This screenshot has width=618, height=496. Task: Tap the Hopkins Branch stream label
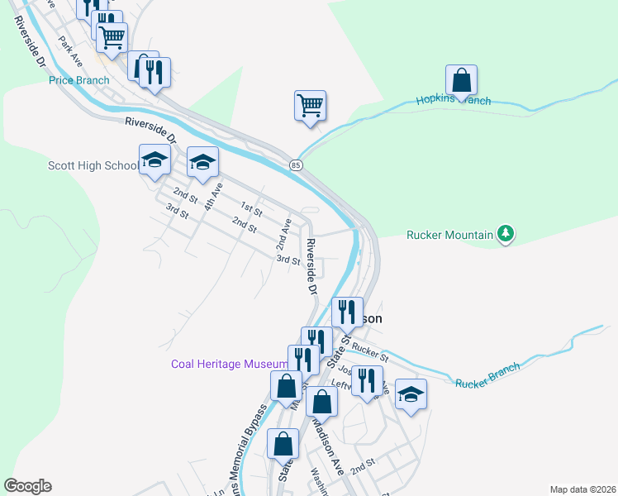453,100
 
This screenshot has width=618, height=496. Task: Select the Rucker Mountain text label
449,235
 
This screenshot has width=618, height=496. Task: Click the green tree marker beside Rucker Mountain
506,235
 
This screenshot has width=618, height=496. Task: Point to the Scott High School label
93,165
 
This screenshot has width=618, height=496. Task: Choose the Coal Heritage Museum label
229,364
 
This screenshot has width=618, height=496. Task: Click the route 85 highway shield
296,165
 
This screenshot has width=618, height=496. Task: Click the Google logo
27,486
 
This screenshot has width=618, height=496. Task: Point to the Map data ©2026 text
582,489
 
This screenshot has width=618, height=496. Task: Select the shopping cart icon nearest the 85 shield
310,106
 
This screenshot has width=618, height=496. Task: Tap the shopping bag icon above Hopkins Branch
462,81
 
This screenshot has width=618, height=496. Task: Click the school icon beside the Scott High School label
154,161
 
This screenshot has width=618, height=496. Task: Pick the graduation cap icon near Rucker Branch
410,393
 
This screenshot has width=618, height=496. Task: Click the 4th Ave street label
214,197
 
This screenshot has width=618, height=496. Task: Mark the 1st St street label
251,208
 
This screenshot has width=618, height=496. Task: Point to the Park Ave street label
70,50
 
